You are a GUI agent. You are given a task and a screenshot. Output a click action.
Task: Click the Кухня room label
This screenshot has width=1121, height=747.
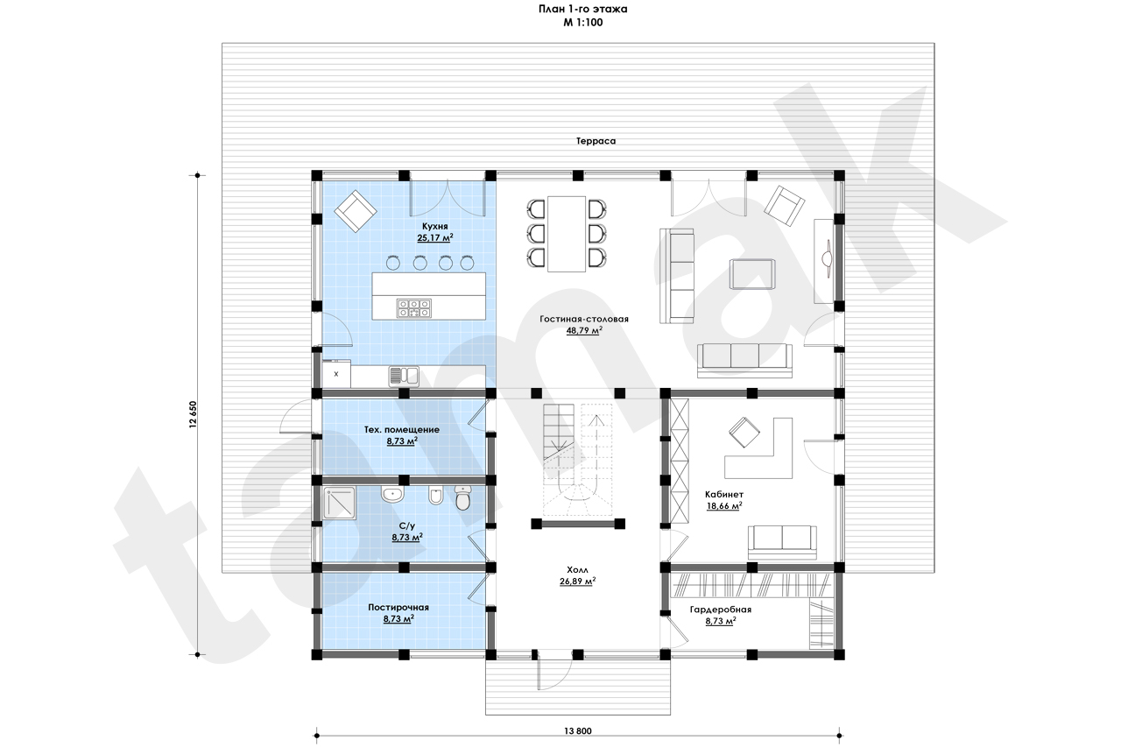[434, 226]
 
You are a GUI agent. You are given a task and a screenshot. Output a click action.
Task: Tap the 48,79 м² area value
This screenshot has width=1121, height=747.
[584, 331]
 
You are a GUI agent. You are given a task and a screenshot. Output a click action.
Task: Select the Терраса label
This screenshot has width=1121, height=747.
[596, 141]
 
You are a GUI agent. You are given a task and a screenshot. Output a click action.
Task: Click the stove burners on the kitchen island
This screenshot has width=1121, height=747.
[414, 308]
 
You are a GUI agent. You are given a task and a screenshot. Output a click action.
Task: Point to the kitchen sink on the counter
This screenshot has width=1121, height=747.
[404, 377]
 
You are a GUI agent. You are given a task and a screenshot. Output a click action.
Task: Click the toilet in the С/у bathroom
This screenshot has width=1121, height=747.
[463, 499]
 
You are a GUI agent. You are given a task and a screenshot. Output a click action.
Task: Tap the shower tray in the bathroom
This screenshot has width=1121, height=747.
[339, 503]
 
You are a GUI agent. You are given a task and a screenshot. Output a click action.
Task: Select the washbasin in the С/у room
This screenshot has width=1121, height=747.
[391, 494]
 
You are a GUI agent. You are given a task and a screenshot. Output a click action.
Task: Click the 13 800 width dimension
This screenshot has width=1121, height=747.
[578, 731]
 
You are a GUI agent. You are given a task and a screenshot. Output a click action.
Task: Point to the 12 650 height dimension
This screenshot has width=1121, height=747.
[194, 414]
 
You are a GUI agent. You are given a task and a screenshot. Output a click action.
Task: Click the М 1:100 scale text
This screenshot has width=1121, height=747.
[583, 23]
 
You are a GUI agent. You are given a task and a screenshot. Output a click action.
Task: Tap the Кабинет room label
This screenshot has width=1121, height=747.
[724, 494]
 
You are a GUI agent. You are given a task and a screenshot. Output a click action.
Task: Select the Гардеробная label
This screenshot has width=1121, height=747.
[721, 610]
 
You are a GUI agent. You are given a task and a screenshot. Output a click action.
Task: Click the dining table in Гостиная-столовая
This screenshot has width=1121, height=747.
[567, 234]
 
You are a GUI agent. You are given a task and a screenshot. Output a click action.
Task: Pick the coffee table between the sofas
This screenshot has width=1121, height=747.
[752, 274]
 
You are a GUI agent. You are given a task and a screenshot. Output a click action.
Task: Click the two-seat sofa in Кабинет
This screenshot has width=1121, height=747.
[782, 542]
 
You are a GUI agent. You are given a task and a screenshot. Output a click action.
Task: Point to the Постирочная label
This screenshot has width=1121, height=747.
[398, 608]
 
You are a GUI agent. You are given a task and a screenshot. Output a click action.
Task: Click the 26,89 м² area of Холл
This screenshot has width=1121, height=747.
[577, 581]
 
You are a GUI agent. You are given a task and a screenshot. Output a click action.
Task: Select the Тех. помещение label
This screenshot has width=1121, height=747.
[401, 430]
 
